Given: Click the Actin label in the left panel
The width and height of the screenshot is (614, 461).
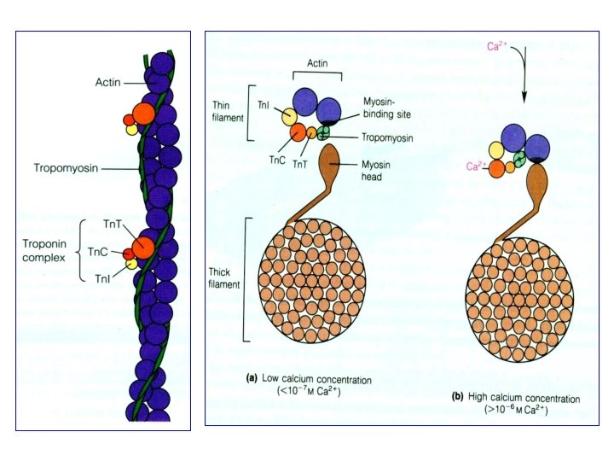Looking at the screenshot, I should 107,82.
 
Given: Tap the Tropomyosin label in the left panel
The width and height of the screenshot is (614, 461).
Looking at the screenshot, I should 65,167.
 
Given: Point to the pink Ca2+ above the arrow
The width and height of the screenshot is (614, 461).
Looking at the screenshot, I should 497,48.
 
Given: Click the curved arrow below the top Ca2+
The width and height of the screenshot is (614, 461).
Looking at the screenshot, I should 529,73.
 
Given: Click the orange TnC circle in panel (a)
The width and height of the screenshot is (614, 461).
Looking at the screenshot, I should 298,132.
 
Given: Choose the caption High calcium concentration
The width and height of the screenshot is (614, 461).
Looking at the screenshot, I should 516,400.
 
